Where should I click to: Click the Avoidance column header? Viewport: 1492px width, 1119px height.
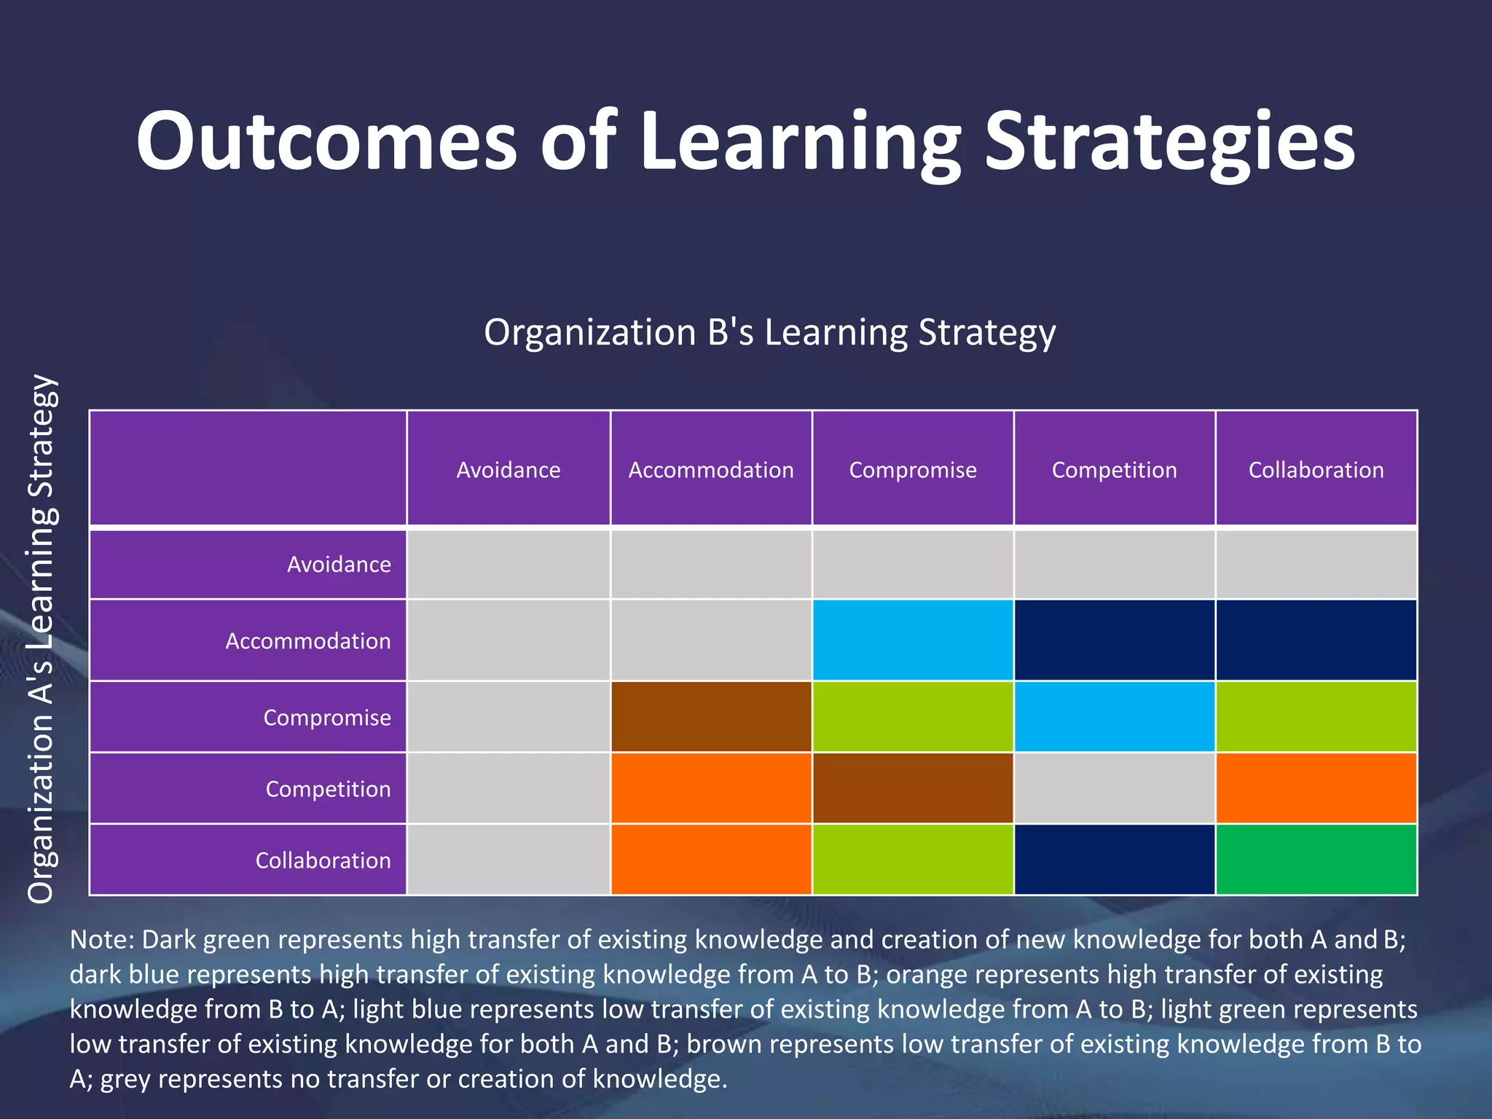509,470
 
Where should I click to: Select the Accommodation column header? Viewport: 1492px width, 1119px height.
711,470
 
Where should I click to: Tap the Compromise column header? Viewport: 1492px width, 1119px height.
913,470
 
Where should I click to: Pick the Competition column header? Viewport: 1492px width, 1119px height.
1114,470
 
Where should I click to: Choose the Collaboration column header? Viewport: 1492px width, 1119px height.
1316,470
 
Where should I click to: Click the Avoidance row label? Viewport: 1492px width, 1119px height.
339,565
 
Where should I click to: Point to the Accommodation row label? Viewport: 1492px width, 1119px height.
308,641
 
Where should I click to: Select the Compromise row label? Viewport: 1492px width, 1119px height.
327,718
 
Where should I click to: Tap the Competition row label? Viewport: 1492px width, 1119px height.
328,789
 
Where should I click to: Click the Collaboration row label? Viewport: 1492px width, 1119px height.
323,860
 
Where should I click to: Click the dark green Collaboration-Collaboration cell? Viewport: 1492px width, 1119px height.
1316,860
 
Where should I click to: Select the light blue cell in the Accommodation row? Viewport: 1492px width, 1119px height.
913,640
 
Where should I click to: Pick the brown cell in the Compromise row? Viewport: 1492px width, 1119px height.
711,717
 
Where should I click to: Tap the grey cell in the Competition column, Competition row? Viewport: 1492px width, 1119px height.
1114,788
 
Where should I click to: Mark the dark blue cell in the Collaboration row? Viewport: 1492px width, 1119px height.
1114,860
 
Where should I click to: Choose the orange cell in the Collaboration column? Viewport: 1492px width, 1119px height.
1316,788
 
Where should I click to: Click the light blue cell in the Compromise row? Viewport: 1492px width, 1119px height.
1114,717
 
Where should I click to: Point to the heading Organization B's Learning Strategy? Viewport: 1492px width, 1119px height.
769,332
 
